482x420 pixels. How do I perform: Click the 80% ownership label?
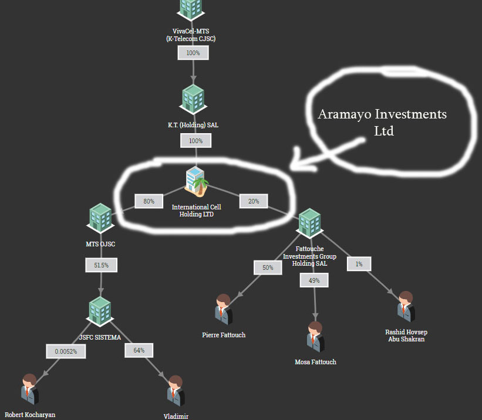coord(149,201)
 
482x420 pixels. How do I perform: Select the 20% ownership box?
coord(254,201)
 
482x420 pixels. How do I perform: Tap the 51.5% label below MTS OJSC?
coord(101,265)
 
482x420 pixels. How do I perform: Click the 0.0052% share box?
coord(66,351)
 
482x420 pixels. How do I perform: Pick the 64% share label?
coord(139,350)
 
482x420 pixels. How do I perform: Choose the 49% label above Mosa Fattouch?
coord(314,280)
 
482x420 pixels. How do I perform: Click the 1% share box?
coord(359,264)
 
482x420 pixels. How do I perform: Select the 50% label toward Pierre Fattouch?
coord(268,267)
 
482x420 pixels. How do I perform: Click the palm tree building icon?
coord(197,181)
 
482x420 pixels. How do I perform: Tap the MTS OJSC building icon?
coord(100,218)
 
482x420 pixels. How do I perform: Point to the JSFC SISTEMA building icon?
coord(100,311)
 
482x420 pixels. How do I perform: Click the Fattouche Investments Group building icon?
coord(309,223)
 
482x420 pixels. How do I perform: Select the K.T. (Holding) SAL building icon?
coord(193,100)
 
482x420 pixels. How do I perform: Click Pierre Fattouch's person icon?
coord(224,309)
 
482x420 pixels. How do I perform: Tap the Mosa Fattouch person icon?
coord(315,337)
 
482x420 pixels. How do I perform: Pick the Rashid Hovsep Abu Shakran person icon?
coord(406,307)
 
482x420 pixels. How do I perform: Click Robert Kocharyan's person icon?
coord(30,389)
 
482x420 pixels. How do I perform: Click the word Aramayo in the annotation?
coord(345,114)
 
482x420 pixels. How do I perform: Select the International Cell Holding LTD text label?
coord(197,211)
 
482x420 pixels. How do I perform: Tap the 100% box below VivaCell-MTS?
coord(193,53)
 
